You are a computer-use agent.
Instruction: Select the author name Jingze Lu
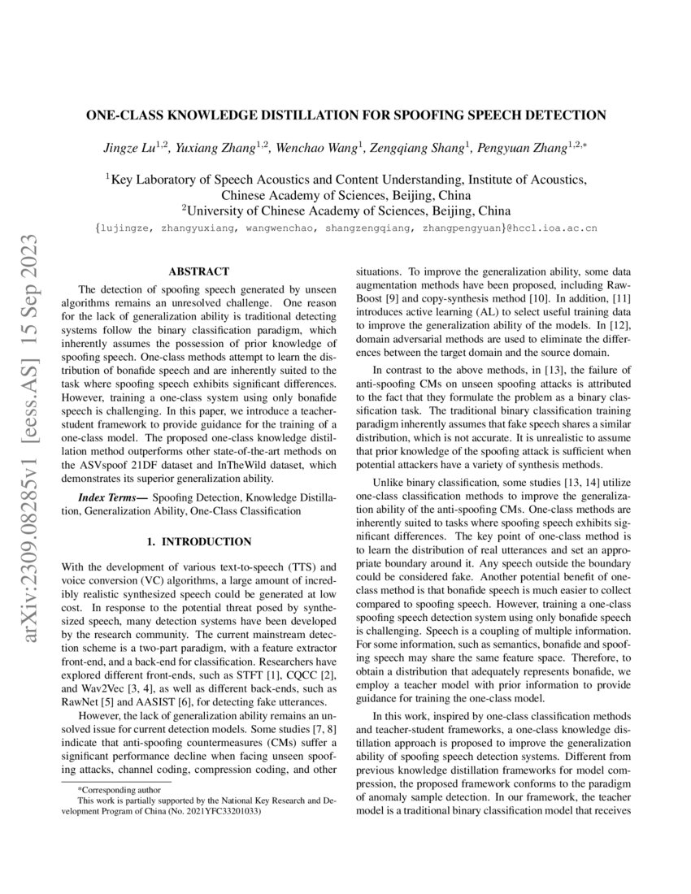130,148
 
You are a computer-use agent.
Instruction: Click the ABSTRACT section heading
198,271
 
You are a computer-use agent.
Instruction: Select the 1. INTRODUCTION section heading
198,541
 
